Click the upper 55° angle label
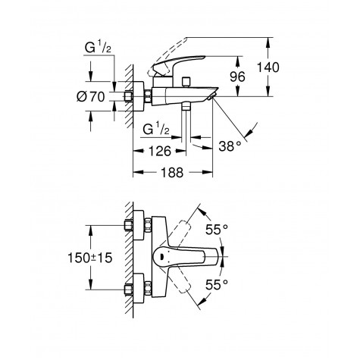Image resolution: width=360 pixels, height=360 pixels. click(218, 227)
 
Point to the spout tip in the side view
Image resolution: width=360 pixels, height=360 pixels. click(213, 97)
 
